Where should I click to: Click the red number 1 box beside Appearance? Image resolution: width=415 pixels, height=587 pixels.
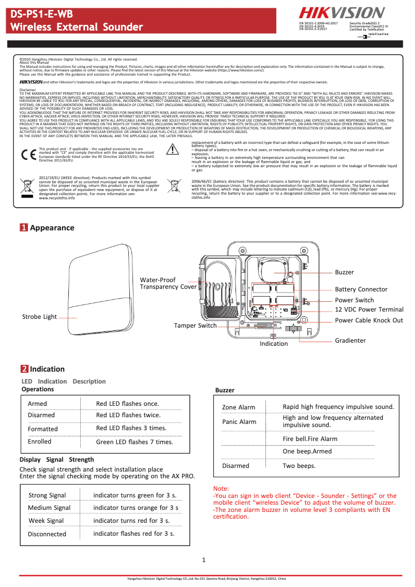click(24, 228)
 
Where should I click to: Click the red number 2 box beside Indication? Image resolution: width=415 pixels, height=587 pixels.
click(24, 369)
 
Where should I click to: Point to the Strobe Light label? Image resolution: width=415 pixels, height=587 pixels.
click(39, 317)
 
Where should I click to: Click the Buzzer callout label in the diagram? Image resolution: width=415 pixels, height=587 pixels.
click(345, 272)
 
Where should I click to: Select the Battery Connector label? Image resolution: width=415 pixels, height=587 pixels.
click(361, 289)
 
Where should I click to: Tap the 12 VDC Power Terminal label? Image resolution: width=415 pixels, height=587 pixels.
click(369, 310)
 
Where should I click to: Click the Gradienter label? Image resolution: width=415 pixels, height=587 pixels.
click(350, 341)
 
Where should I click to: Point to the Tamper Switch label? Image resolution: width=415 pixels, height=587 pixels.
click(195, 326)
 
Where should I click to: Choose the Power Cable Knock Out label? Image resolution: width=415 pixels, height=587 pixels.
click(369, 320)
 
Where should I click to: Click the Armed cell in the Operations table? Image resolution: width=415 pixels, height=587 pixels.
click(37, 404)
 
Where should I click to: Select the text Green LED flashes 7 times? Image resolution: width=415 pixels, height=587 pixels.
click(135, 442)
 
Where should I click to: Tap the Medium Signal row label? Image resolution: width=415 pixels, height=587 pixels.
click(49, 508)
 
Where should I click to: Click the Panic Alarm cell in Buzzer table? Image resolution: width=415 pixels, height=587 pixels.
click(239, 422)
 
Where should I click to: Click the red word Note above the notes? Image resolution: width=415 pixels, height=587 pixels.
click(221, 489)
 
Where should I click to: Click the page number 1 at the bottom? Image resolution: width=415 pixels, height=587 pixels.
click(204, 560)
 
